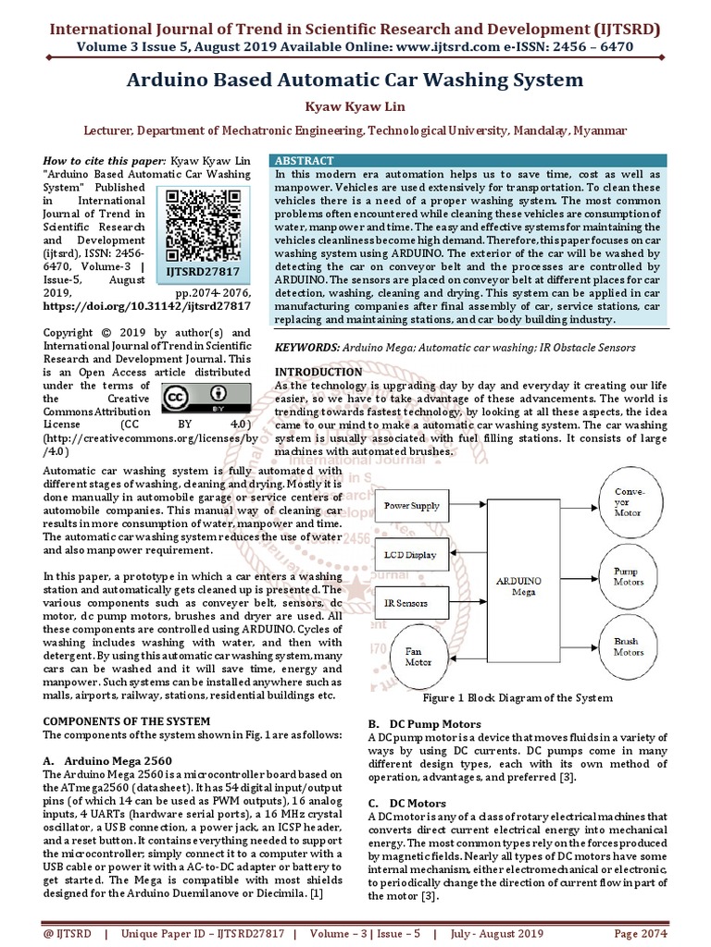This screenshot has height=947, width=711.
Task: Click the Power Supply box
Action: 412,507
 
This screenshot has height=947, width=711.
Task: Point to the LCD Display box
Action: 410,555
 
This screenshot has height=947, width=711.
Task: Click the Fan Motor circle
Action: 418,656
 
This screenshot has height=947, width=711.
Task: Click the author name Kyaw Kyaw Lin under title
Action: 355,106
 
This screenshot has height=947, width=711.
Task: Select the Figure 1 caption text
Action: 517,698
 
